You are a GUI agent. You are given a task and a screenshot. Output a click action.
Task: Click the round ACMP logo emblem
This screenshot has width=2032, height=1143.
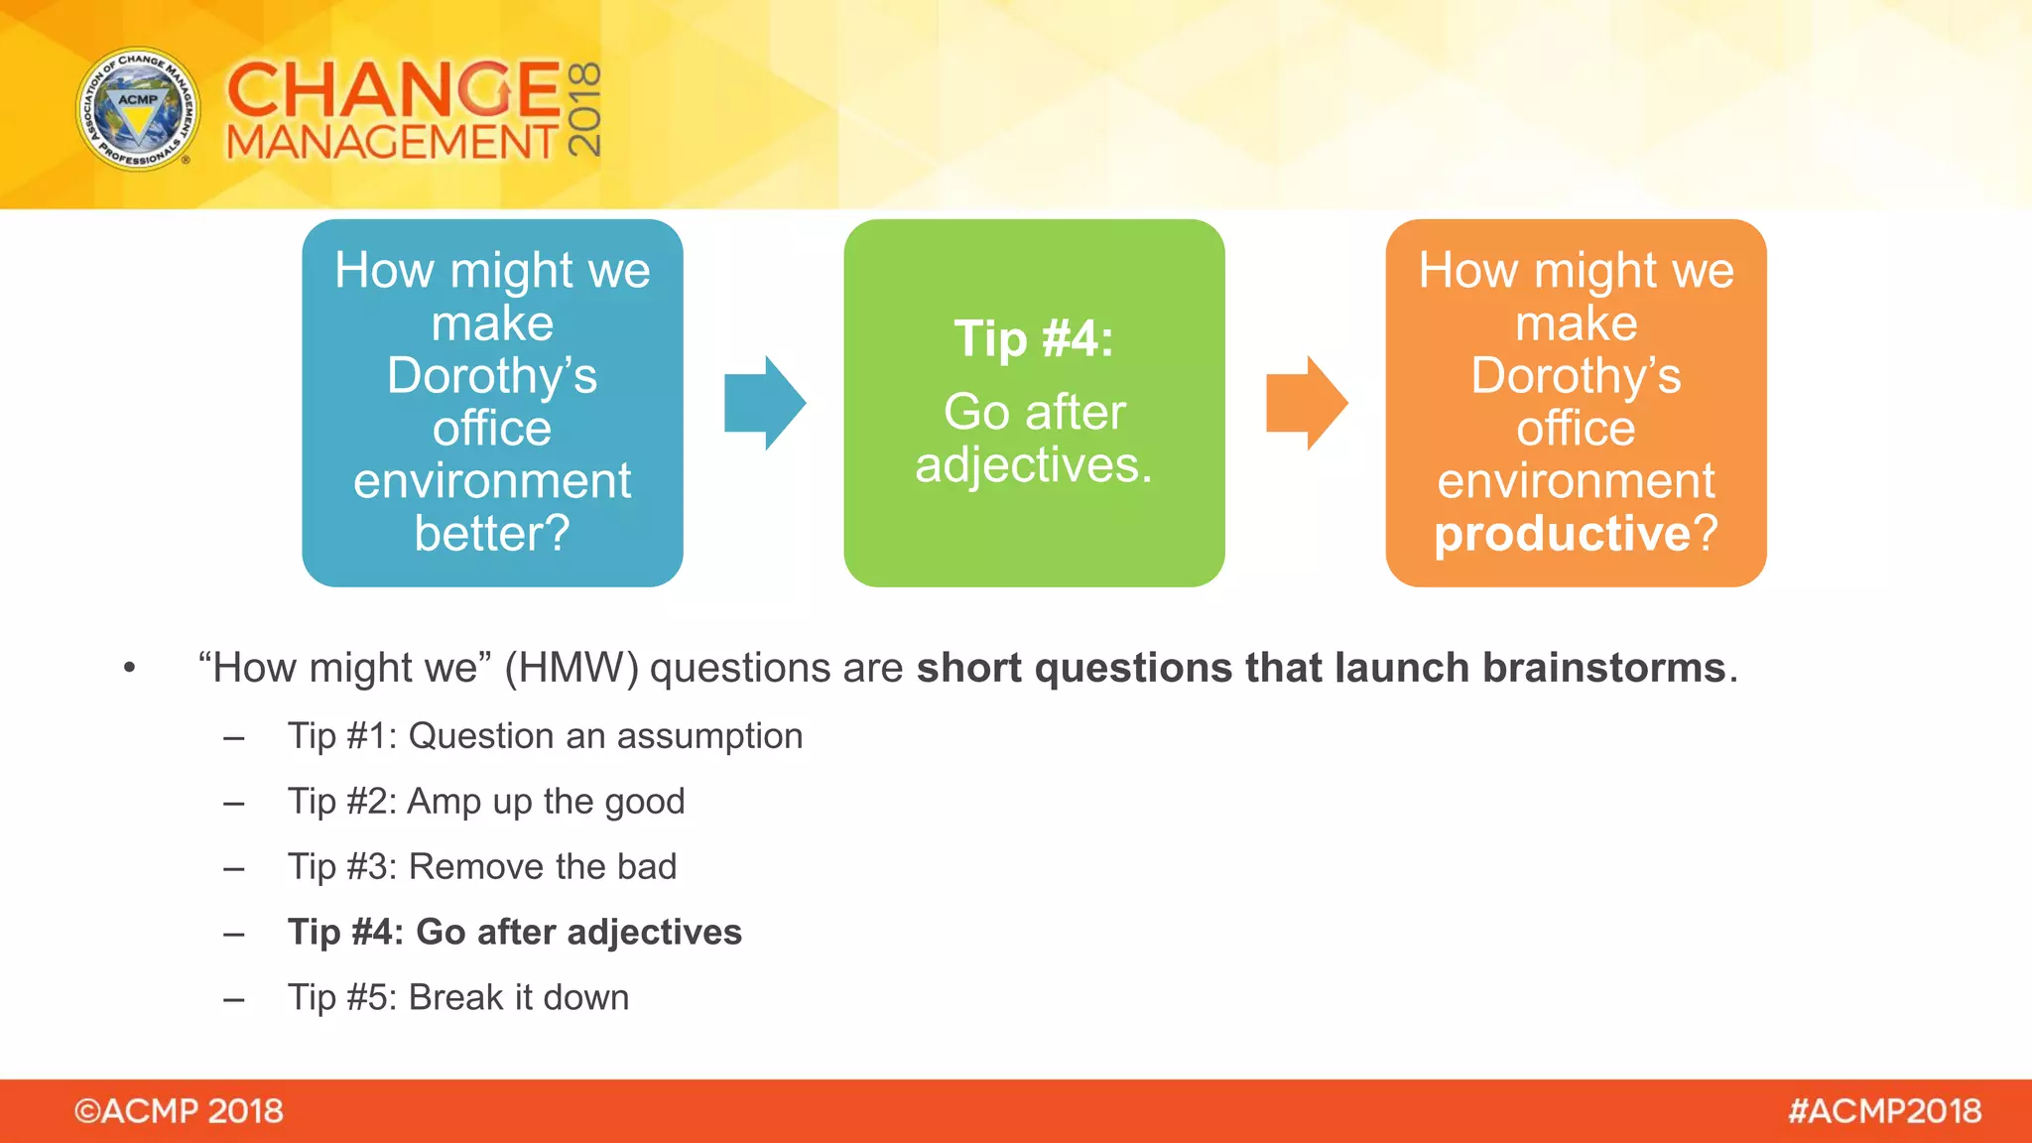[x=138, y=109]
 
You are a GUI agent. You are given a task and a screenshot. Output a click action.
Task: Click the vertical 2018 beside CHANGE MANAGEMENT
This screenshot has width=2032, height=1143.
[x=584, y=109]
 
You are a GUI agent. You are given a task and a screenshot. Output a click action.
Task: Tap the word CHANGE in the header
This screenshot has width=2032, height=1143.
[x=394, y=89]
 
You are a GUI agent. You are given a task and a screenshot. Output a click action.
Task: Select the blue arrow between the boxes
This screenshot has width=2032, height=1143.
[x=764, y=403]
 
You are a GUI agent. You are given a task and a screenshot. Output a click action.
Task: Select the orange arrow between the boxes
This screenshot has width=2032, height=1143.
[x=1306, y=403]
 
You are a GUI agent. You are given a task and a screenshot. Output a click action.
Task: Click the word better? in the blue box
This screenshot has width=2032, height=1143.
[x=492, y=534]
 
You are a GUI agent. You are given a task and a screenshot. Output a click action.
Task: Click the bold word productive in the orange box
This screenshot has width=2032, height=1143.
[x=1562, y=534]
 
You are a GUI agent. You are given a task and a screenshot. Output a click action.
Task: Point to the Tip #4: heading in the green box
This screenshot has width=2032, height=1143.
[x=1034, y=338]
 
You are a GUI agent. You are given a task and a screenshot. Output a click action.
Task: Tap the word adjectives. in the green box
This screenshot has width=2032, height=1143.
[x=1034, y=464]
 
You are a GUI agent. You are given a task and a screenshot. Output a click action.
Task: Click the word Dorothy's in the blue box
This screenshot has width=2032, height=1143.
[x=492, y=376]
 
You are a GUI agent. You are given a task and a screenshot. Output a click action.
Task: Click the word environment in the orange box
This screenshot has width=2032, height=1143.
[x=1576, y=481]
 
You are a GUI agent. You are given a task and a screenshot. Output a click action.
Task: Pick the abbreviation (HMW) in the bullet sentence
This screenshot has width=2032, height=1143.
[x=571, y=668]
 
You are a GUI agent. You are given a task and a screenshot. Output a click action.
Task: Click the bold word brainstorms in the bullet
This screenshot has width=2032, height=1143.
[x=1603, y=668]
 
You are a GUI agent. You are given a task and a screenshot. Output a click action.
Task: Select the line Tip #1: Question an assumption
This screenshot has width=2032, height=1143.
[x=545, y=736]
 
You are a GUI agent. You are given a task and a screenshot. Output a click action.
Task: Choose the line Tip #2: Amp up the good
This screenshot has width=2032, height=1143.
[x=486, y=802]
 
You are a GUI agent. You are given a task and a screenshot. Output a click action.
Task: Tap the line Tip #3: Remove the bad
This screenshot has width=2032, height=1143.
[x=482, y=867]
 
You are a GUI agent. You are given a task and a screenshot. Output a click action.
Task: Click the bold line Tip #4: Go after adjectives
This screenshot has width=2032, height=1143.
[x=514, y=933]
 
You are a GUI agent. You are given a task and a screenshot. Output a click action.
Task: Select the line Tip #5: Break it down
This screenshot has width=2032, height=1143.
[x=458, y=998]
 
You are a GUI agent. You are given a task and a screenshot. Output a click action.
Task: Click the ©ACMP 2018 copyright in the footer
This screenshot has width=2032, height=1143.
[x=179, y=1111]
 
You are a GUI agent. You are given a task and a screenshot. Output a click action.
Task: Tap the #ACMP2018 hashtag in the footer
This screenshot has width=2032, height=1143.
[x=1884, y=1111]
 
